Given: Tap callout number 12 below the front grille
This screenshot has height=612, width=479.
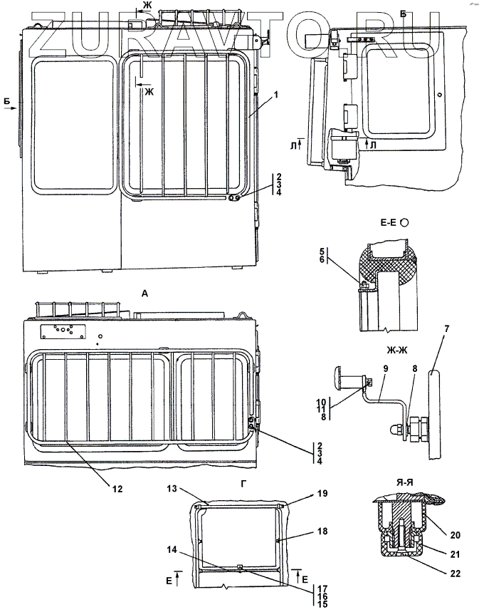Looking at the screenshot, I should click(117, 489).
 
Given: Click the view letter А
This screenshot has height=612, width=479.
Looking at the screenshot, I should click(145, 294).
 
